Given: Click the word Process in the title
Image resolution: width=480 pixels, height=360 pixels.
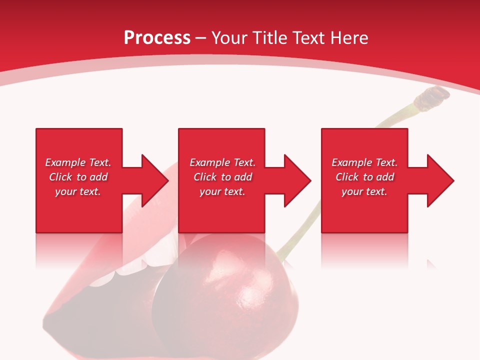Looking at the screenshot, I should [x=157, y=37].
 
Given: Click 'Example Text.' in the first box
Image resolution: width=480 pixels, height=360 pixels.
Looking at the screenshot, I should [x=78, y=162].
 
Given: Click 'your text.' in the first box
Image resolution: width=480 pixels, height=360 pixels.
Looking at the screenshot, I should [x=78, y=191].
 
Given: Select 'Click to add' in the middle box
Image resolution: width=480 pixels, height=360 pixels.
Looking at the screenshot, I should [x=222, y=177].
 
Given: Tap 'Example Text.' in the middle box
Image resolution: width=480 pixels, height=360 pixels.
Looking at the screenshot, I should [x=222, y=162].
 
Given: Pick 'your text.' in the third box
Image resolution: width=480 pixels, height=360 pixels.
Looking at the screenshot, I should [x=364, y=191].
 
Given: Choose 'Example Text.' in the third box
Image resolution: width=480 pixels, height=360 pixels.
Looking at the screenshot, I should [x=364, y=162].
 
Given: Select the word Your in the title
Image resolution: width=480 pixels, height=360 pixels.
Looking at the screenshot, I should [x=229, y=37].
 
